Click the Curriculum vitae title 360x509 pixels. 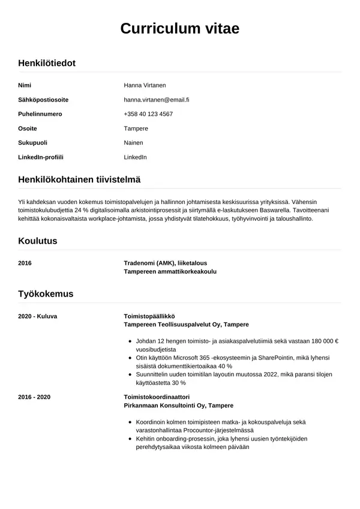click(180, 29)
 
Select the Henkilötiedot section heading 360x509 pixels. click(47, 62)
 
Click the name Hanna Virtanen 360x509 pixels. click(149, 85)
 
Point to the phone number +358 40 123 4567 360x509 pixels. click(148, 114)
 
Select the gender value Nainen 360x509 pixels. click(133, 143)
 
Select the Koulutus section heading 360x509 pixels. click(38, 241)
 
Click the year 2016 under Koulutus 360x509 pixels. click(25, 263)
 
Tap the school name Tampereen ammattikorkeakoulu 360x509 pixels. click(170, 271)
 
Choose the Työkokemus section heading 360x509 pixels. click(46, 294)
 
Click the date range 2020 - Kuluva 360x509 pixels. click(38, 316)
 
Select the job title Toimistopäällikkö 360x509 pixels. click(149, 316)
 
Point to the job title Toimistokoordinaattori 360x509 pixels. click(157, 397)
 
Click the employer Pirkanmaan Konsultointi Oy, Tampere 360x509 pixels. click(178, 406)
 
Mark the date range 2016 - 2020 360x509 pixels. click(34, 397)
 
